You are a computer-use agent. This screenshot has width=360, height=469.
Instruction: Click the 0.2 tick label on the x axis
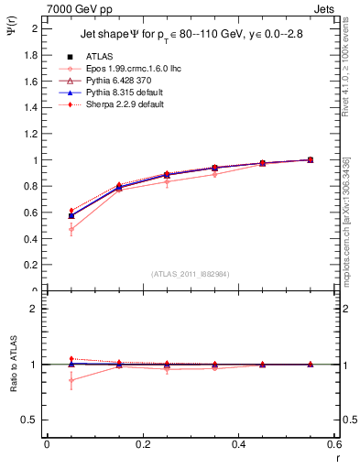(x=142, y=444)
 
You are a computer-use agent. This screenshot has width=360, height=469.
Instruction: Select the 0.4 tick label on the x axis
(x=238, y=444)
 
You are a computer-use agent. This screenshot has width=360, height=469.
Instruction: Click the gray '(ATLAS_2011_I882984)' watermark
(x=190, y=273)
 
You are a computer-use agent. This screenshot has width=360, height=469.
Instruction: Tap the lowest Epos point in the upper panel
(x=71, y=229)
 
